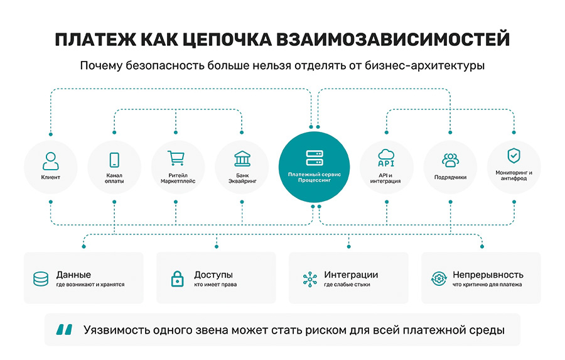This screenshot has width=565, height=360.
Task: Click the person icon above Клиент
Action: point(50,161)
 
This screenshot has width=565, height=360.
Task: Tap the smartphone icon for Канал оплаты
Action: point(114,160)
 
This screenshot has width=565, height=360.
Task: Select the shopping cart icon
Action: point(176,158)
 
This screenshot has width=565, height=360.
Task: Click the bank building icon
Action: point(242,159)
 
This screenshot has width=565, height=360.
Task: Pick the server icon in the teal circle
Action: point(315,158)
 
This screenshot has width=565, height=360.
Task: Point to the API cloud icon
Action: point(386,158)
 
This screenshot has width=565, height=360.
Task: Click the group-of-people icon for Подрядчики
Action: point(450,160)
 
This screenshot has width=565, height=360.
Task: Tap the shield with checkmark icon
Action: point(514,156)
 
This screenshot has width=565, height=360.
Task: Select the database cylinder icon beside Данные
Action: point(41,279)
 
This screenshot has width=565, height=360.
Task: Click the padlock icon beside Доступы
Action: point(177,279)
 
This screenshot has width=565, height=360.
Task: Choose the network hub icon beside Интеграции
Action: point(310,279)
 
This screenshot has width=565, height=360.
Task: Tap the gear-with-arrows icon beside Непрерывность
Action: point(439,279)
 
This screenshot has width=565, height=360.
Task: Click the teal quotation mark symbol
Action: point(64,329)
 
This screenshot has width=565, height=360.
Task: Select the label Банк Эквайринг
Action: point(242,178)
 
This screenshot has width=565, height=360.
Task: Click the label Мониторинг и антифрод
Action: point(514,175)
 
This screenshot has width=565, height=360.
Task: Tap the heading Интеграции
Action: point(351,275)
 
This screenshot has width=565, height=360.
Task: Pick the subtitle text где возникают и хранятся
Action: point(90,285)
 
